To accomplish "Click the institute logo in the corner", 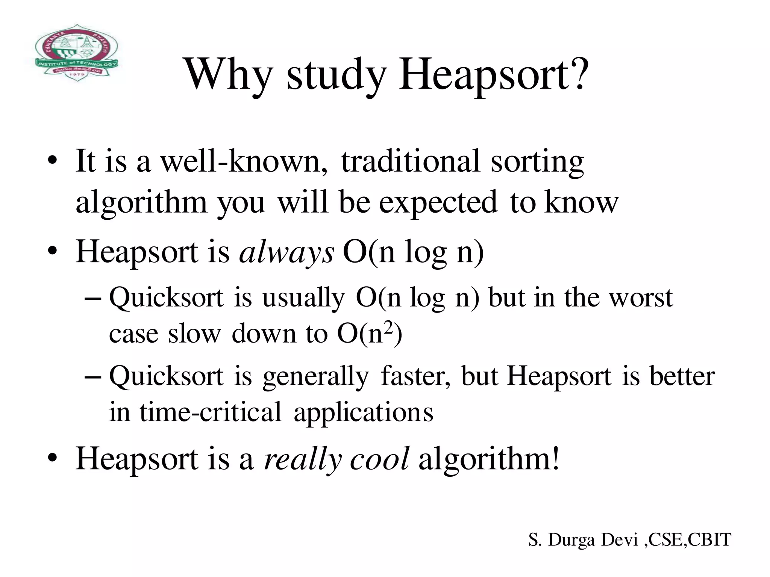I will pyautogui.click(x=77, y=53).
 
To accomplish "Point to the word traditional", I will pyautogui.click(x=410, y=162).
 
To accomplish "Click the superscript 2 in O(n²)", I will pyautogui.click(x=389, y=328).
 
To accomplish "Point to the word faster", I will pyautogui.click(x=415, y=376).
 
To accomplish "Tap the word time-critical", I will pyautogui.click(x=211, y=412).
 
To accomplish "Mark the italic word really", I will pyautogui.click(x=303, y=460).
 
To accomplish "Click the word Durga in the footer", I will pyautogui.click(x=572, y=540).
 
